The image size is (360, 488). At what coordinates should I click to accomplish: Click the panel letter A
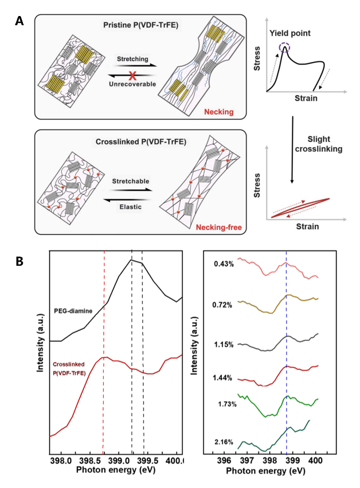(x=19, y=21)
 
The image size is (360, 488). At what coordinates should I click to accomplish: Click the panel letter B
(x=19, y=261)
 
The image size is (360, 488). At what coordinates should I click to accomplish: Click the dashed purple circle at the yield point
(x=284, y=49)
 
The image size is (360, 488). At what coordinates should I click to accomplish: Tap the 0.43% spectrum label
(x=224, y=264)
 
